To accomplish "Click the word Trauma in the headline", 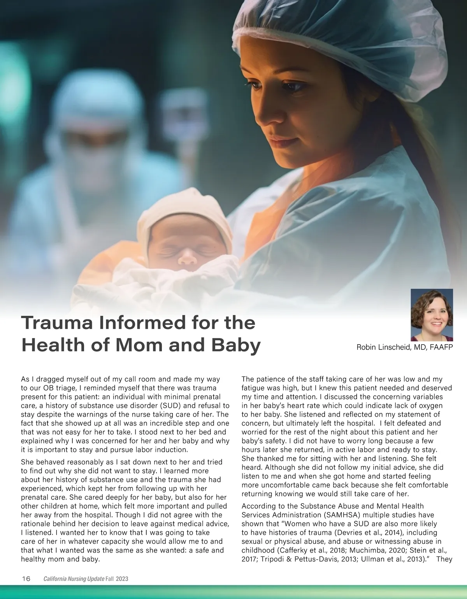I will [56, 323].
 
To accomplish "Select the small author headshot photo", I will [432, 315].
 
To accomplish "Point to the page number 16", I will [26, 579].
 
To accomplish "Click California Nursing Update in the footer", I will [74, 579].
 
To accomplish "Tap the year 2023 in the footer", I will [122, 579].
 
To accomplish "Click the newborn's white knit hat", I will [183, 218].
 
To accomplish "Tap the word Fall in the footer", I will [110, 579].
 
